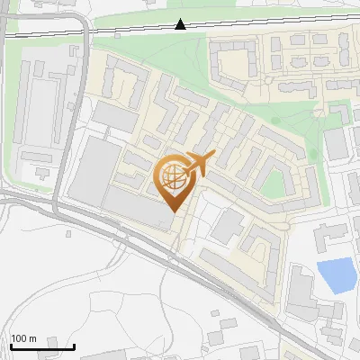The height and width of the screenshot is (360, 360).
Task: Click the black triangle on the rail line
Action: (181, 24)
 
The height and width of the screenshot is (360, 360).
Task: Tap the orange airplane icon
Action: (197, 164)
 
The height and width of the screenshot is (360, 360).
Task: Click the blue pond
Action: (337, 275)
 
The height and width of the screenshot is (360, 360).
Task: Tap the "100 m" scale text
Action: (23, 338)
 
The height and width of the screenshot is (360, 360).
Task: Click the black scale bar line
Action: (42, 346)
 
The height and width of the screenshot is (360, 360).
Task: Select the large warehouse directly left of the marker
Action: (95, 171)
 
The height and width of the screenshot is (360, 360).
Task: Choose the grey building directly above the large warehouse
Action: (112, 115)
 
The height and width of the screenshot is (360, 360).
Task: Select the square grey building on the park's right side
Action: (336, 143)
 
